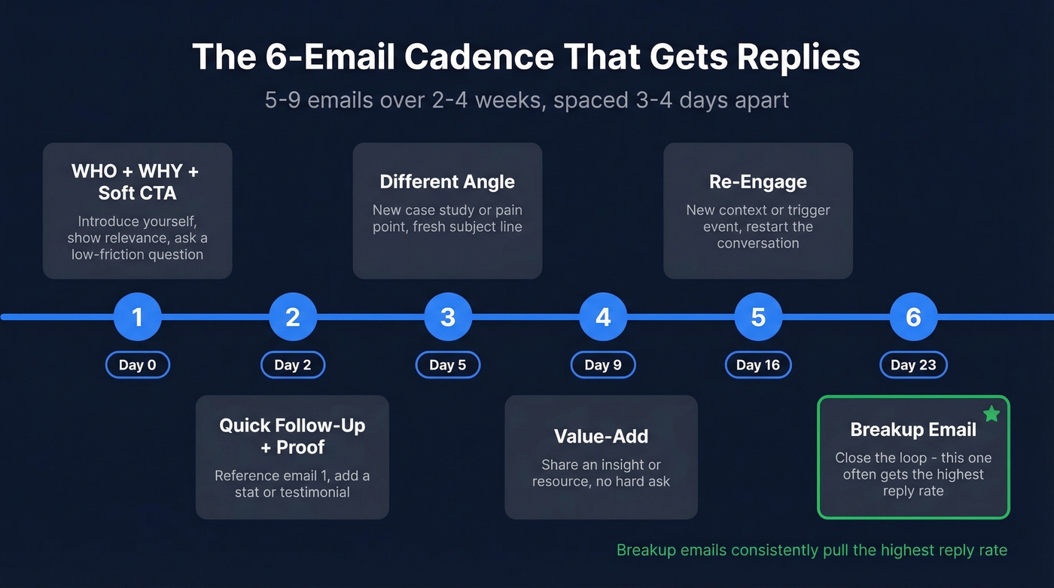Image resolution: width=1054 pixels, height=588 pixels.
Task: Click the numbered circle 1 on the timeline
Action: pyautogui.click(x=138, y=317)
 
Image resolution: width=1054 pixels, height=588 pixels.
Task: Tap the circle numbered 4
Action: pyautogui.click(x=603, y=317)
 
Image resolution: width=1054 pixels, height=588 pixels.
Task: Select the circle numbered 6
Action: pyautogui.click(x=913, y=317)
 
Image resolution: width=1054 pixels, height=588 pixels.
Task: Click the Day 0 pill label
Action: pyautogui.click(x=138, y=365)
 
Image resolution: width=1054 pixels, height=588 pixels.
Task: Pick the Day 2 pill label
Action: pyautogui.click(x=293, y=365)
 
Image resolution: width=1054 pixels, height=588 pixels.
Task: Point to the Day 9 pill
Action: pyautogui.click(x=603, y=365)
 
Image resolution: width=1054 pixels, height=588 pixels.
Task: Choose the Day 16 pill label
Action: pyautogui.click(x=758, y=365)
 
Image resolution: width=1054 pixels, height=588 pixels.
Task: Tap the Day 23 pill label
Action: pyautogui.click(x=913, y=365)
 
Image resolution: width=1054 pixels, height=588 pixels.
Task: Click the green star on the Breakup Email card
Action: pyautogui.click(x=992, y=413)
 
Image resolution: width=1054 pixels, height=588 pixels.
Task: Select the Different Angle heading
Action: pyautogui.click(x=447, y=181)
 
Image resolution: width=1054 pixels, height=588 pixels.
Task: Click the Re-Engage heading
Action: pyautogui.click(x=758, y=181)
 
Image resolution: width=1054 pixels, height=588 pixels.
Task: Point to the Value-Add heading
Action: pyautogui.click(x=601, y=437)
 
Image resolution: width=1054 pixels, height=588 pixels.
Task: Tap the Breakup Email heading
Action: pyautogui.click(x=913, y=430)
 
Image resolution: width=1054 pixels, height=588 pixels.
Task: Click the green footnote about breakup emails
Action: pyautogui.click(x=812, y=550)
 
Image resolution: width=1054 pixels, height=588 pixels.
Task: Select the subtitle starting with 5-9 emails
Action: pyautogui.click(x=527, y=100)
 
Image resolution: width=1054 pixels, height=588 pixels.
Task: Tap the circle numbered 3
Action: pyautogui.click(x=448, y=317)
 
